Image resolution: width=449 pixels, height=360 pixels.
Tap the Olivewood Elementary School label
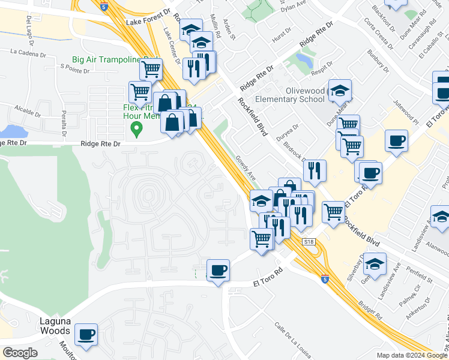(x=290, y=95)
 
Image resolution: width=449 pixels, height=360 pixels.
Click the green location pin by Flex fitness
(x=137, y=128)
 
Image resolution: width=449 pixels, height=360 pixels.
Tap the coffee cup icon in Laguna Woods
(x=86, y=334)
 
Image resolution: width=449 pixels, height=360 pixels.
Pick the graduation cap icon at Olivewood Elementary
(x=340, y=91)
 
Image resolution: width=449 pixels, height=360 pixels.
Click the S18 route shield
(x=309, y=242)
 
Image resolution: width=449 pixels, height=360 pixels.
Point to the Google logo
(x=20, y=352)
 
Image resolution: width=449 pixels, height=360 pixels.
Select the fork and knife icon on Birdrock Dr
(x=315, y=171)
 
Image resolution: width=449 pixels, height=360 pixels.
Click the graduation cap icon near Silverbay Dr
(x=374, y=265)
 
